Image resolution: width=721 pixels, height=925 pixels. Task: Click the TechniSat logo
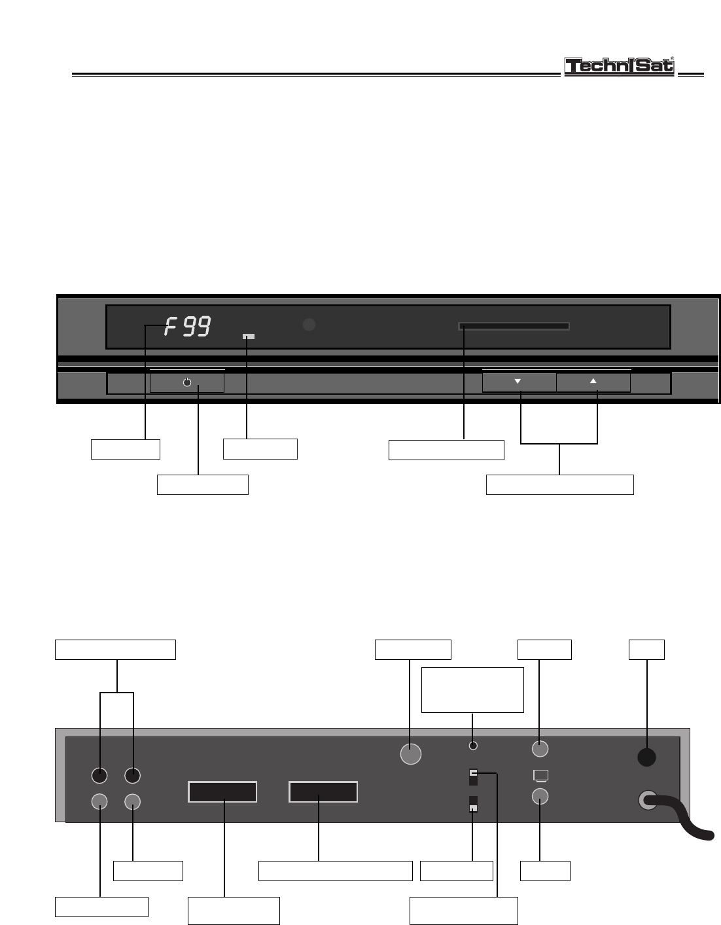coord(619,67)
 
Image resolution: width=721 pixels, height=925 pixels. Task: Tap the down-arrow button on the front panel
coord(519,382)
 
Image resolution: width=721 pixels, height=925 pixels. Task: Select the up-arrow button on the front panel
coord(593,382)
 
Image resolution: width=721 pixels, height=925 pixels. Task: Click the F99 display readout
coord(188,326)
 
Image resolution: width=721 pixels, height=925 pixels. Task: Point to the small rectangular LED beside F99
coord(249,337)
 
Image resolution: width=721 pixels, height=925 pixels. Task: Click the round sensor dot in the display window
coord(309,325)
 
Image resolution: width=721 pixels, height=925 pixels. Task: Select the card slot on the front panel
coord(514,326)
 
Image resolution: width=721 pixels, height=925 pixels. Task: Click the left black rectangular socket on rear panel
coord(222,792)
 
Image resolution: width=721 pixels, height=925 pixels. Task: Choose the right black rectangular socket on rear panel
coord(323,792)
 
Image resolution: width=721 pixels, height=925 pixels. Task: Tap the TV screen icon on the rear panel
coord(540,776)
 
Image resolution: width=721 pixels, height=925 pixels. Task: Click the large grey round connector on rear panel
coord(410,754)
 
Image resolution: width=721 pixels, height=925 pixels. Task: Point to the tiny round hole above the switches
coord(474,746)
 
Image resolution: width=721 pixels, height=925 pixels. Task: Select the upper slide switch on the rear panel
coord(474,777)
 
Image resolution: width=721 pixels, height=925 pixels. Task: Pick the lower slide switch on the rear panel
coord(474,805)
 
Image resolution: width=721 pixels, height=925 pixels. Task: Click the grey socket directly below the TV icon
coord(540,796)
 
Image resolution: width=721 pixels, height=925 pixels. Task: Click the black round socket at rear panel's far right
coord(646,757)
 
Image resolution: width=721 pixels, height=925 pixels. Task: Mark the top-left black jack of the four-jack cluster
coord(99,775)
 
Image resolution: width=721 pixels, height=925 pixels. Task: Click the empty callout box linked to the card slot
coord(446,450)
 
